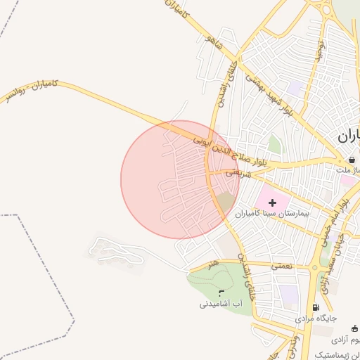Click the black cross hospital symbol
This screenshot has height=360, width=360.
click(x=273, y=202)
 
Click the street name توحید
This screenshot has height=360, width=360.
click(x=321, y=49)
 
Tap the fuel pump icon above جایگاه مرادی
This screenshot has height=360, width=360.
click(x=315, y=307)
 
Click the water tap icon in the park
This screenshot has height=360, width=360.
click(x=221, y=292)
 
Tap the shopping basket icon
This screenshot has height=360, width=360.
click(x=351, y=160)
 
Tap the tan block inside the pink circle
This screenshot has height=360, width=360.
click(x=224, y=203)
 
